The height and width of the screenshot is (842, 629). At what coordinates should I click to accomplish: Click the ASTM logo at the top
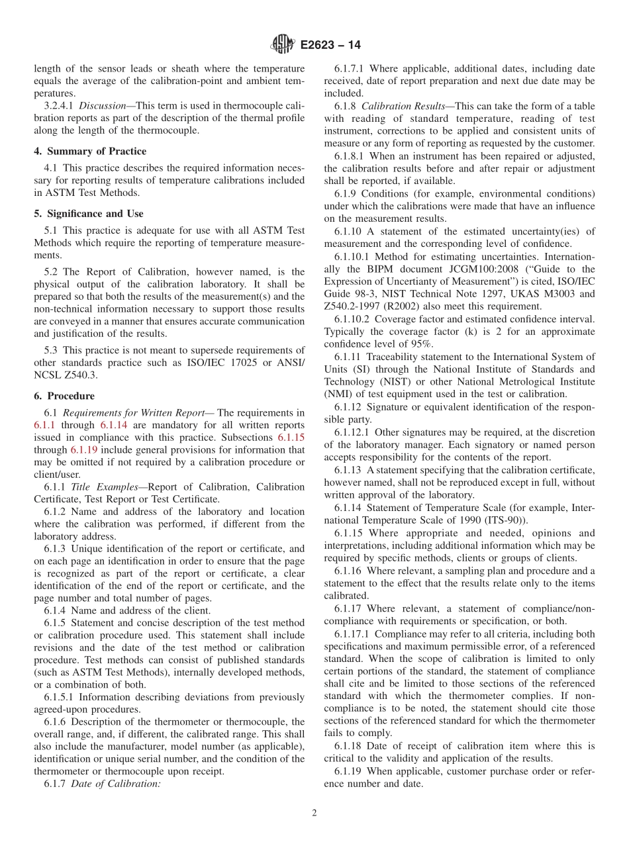(x=283, y=45)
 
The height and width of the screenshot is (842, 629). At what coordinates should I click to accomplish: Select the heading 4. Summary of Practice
(x=90, y=151)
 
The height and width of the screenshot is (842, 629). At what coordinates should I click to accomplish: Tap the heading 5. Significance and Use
(x=88, y=214)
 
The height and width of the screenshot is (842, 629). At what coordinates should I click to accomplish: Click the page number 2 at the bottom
(x=314, y=813)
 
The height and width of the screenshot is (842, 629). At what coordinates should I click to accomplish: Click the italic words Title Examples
(x=98, y=487)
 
